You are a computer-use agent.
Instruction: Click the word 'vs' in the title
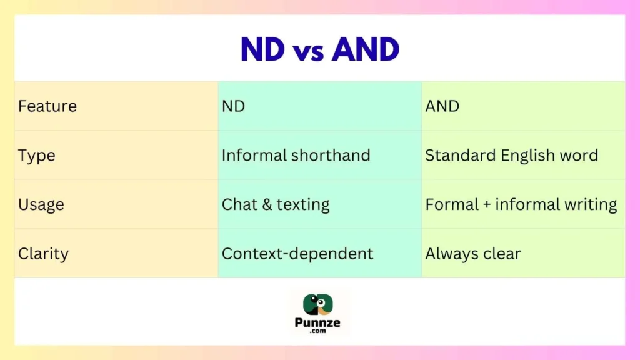[311, 51]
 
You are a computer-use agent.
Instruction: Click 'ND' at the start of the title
[262, 50]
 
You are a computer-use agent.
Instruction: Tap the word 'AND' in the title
[366, 50]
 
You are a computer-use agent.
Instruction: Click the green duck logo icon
[319, 304]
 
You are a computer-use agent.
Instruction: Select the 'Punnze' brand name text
[319, 324]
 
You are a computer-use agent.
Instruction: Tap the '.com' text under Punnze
[319, 332]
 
